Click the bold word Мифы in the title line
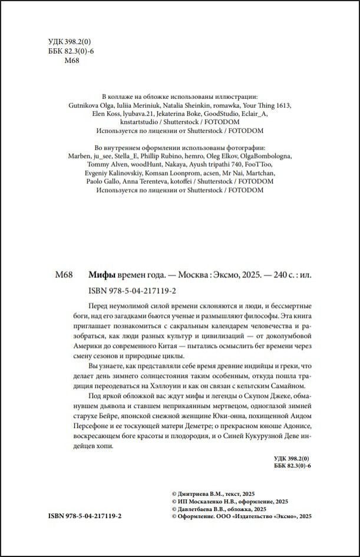click(101, 274)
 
